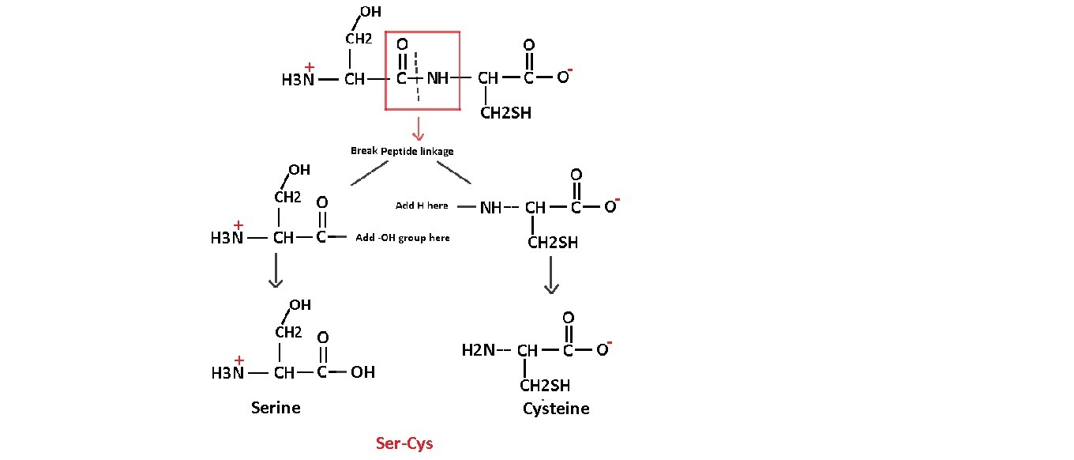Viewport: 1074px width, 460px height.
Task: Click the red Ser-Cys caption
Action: point(404,443)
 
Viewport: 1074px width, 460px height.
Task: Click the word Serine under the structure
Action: point(276,408)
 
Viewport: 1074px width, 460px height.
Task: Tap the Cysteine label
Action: point(556,409)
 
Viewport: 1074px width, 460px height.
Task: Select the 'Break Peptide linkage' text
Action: point(402,151)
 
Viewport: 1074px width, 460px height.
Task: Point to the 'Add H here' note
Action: point(422,205)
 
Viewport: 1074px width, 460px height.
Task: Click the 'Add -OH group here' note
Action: point(403,237)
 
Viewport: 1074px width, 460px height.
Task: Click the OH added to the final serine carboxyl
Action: point(362,371)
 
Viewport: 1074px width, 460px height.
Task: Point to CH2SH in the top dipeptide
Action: point(505,113)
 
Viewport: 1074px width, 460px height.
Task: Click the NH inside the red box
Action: point(437,79)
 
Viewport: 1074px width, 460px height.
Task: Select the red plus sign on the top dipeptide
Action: point(310,67)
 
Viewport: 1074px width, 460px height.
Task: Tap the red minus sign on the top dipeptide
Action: point(569,71)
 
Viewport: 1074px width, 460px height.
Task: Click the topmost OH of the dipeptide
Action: point(370,12)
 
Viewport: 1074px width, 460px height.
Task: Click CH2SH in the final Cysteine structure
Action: point(545,386)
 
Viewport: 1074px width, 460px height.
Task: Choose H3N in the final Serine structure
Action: point(228,372)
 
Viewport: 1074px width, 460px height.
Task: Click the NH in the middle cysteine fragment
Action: point(491,208)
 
